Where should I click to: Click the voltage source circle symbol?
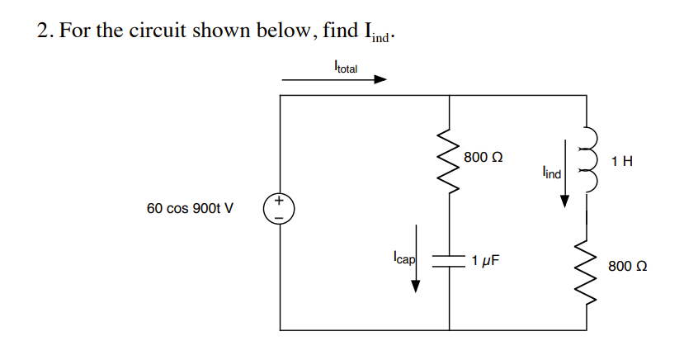280,208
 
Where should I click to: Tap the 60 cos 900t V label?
190,208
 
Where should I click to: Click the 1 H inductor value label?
623,160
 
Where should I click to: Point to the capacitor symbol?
449,262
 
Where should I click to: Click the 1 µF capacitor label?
486,262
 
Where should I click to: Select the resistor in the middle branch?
449,159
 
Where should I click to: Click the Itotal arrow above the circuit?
334,80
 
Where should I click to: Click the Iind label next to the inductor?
551,173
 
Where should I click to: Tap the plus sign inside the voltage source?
280,201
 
